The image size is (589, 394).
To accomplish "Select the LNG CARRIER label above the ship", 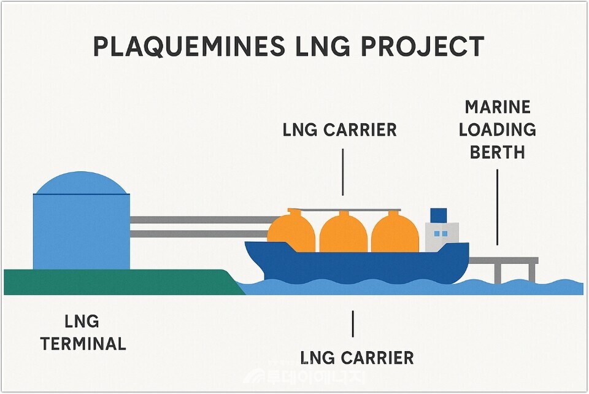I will (339, 130).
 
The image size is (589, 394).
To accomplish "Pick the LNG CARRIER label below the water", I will (356, 357).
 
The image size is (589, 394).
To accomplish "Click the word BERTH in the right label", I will (497, 152).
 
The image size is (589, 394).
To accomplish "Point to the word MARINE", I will (497, 107).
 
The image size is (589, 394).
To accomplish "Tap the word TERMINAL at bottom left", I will (83, 344).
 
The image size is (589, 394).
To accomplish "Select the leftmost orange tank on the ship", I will (291, 232).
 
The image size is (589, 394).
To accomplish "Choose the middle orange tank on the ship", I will (343, 233).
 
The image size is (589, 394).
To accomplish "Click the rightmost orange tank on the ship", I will (395, 233).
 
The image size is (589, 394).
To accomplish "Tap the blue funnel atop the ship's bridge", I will (438, 215).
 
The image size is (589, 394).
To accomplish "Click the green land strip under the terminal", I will (117, 282).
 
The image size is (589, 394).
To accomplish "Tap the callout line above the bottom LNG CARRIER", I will (352, 323).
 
